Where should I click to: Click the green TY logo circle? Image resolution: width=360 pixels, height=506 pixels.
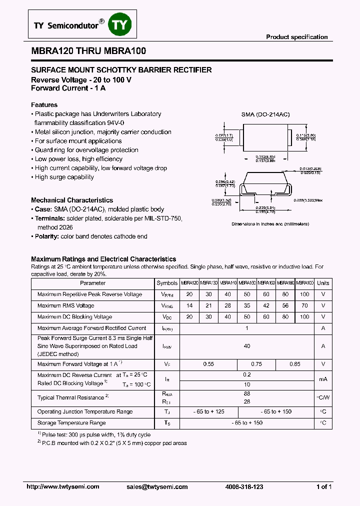(x=120, y=25)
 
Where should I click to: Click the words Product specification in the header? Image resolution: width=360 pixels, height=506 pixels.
(x=296, y=37)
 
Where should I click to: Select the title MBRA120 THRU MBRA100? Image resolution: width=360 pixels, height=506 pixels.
(x=88, y=51)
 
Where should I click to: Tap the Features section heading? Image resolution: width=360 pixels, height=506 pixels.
(x=44, y=105)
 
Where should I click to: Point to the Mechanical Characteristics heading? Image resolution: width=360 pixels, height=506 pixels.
(x=72, y=200)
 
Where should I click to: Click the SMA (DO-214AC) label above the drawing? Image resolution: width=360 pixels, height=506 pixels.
(x=265, y=114)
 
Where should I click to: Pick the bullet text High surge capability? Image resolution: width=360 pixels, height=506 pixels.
(x=64, y=177)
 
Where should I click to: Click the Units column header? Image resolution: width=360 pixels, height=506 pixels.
(x=323, y=283)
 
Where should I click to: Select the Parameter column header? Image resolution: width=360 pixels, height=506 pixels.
(x=92, y=283)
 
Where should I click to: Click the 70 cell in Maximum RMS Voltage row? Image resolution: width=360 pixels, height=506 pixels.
(x=304, y=305)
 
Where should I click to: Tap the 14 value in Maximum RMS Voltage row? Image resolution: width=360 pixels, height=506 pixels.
(x=188, y=305)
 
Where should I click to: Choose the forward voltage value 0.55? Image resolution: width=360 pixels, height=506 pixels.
(x=208, y=364)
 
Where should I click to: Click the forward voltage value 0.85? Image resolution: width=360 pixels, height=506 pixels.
(x=295, y=364)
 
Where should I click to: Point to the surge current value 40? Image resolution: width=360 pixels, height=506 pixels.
(x=246, y=346)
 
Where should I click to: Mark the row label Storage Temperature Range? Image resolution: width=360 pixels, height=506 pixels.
(x=71, y=423)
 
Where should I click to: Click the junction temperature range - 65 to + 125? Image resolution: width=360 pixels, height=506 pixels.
(x=208, y=411)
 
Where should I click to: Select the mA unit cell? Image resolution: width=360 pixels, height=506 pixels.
(x=323, y=379)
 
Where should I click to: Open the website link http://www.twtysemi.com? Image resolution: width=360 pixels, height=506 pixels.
(x=58, y=487)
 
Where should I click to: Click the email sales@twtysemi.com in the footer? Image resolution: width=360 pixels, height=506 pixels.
(x=157, y=487)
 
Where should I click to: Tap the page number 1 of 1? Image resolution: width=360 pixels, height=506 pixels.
(x=324, y=487)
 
